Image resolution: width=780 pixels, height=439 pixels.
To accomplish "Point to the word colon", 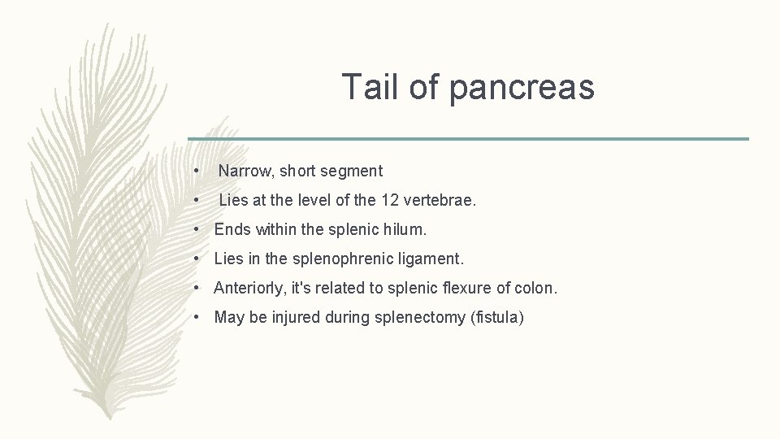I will [536, 288].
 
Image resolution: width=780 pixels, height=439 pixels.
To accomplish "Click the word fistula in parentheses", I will [496, 317].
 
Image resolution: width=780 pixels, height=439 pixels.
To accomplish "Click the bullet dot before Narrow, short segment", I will [197, 171].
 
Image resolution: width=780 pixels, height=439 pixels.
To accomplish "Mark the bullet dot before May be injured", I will [197, 317].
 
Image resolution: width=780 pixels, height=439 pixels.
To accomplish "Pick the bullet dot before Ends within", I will [197, 229].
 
